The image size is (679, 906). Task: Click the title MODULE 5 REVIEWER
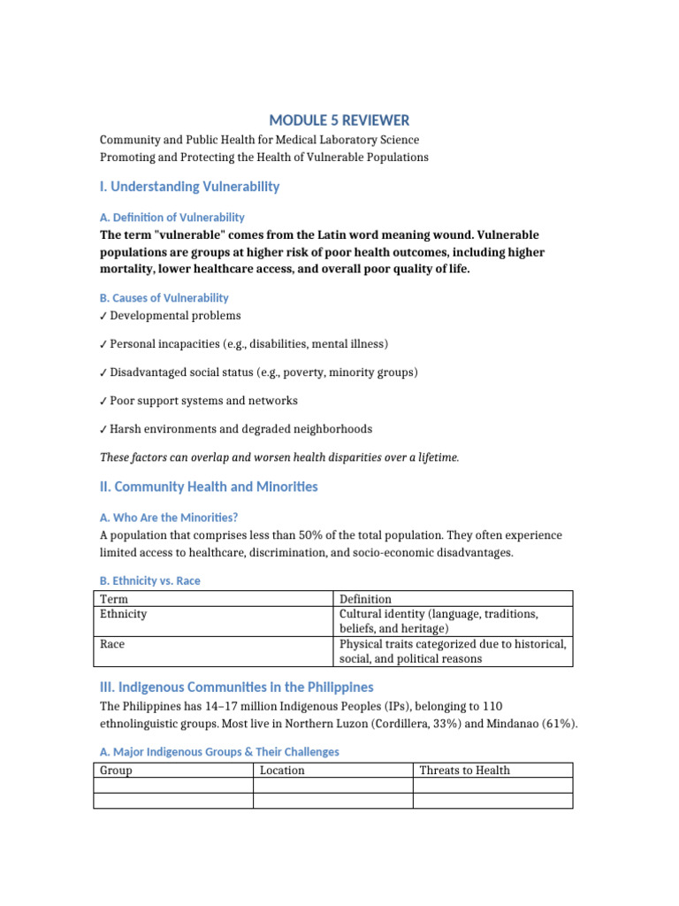[339, 120]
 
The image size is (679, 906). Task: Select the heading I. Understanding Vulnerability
[189, 187]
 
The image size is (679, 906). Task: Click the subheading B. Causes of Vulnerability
[164, 298]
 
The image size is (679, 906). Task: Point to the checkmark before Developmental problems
[103, 316]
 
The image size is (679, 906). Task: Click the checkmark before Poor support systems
[103, 401]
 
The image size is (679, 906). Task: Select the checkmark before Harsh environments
[103, 429]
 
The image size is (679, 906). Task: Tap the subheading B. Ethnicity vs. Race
[150, 581]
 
